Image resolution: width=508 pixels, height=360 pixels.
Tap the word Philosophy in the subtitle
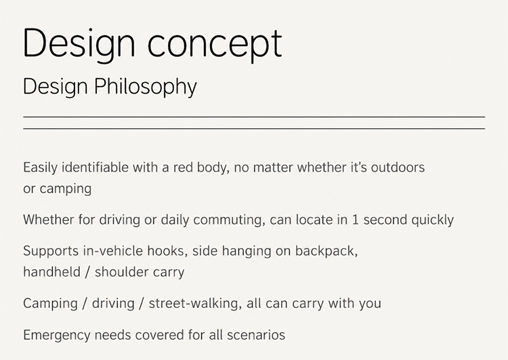coord(146,87)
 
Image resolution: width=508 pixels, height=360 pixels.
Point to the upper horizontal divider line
coord(254,117)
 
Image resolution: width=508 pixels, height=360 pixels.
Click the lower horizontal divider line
coord(254,129)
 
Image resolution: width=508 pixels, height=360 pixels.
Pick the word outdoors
coord(398,167)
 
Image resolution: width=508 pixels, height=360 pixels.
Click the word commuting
coord(227,220)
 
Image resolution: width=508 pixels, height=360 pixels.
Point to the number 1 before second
coord(355,220)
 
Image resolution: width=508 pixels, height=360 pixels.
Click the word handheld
coord(52,272)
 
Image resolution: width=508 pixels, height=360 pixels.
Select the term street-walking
coord(194,304)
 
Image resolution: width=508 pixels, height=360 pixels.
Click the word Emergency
coord(57,336)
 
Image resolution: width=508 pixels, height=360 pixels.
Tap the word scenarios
coord(256,335)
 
